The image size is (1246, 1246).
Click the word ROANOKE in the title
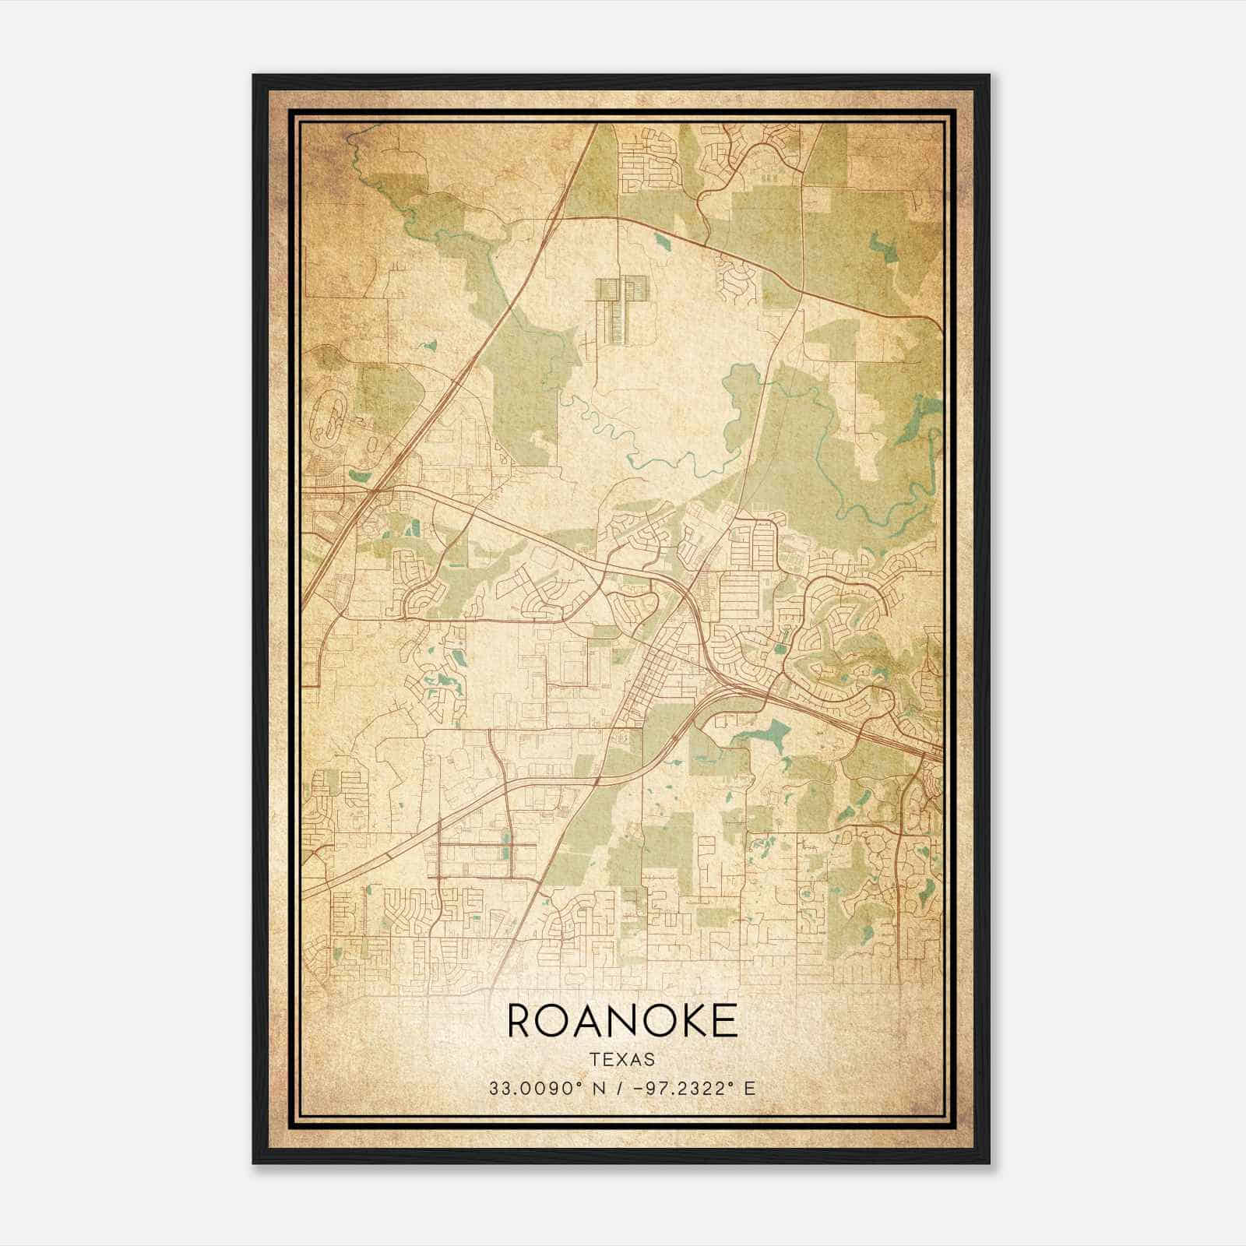coord(622,1020)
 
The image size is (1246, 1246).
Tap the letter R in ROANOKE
coord(523,1020)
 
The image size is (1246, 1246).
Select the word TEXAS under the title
coord(622,1059)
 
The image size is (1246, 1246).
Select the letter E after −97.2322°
coord(749,1088)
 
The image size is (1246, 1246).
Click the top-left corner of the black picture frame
coord(255,76)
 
